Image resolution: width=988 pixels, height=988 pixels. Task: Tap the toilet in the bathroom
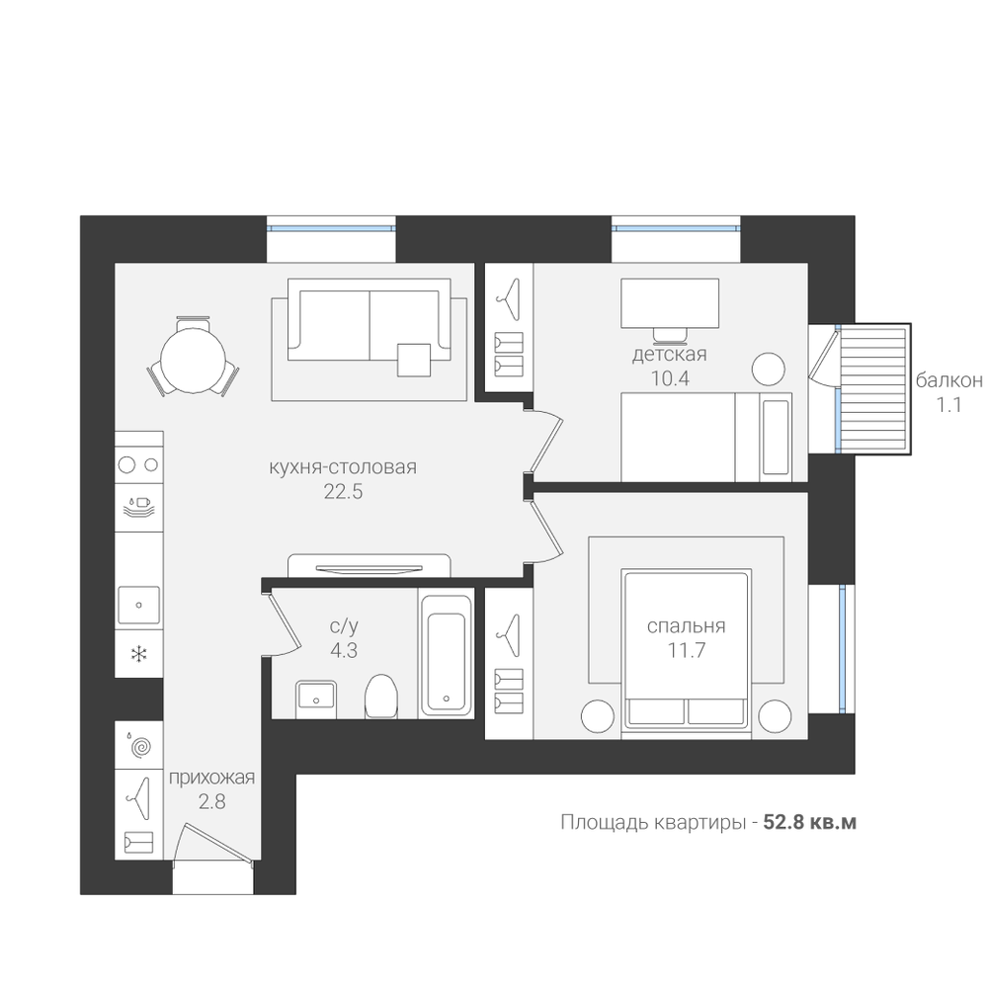click(x=381, y=696)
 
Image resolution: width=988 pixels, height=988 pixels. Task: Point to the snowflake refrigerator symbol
click(x=138, y=653)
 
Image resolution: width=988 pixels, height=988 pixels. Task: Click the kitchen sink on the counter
click(x=138, y=606)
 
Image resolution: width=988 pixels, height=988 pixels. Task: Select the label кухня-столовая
click(x=343, y=467)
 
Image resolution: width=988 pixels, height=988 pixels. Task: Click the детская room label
click(x=670, y=355)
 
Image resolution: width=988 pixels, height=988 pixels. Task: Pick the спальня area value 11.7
click(x=687, y=650)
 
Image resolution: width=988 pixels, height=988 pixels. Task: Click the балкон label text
click(x=948, y=380)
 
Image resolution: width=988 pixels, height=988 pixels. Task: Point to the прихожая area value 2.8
click(x=211, y=802)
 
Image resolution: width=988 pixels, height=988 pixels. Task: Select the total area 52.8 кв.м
click(x=810, y=822)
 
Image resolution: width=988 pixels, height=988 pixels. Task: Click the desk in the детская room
click(x=670, y=303)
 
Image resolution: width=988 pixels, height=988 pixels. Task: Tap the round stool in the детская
click(x=768, y=368)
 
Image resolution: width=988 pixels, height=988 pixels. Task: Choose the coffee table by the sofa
click(x=414, y=360)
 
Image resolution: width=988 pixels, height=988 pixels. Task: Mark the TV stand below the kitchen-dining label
click(x=369, y=565)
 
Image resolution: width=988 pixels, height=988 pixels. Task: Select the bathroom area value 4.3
click(x=344, y=650)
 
